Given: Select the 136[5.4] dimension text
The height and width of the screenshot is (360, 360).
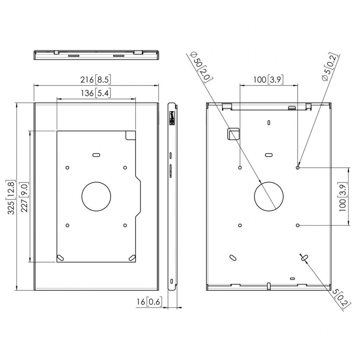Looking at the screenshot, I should [x=97, y=94].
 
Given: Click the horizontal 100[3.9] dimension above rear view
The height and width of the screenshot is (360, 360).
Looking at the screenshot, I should [x=269, y=79].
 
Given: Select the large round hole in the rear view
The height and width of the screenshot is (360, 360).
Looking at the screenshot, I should [x=269, y=196].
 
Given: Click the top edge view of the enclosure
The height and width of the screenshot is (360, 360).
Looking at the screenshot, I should [x=97, y=55].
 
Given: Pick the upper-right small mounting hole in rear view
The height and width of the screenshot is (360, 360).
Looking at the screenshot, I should [x=298, y=168].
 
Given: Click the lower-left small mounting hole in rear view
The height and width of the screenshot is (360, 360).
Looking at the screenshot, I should [x=240, y=225].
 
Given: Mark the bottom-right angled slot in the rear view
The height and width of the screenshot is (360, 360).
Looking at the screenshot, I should [x=305, y=257].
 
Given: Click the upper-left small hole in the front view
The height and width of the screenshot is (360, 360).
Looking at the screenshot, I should [x=67, y=168].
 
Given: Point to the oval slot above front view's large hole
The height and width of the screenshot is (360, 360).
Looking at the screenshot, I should [x=97, y=155].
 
